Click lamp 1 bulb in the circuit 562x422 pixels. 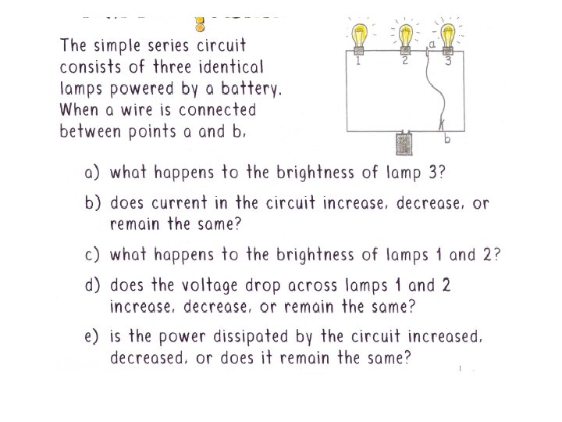(x=359, y=35)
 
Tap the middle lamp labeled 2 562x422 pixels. (x=404, y=35)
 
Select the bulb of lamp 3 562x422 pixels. (x=448, y=35)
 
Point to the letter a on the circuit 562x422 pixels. (x=432, y=45)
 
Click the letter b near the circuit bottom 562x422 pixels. (x=447, y=138)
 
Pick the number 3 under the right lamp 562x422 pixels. (x=448, y=62)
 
